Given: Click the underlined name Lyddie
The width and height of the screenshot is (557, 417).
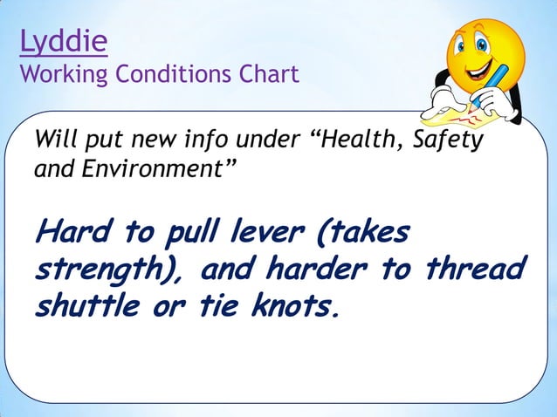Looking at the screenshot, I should click(63, 42).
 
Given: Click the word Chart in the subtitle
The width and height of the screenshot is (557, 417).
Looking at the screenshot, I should click(270, 74).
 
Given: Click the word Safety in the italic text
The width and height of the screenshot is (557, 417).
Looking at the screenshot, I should click(451, 140).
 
